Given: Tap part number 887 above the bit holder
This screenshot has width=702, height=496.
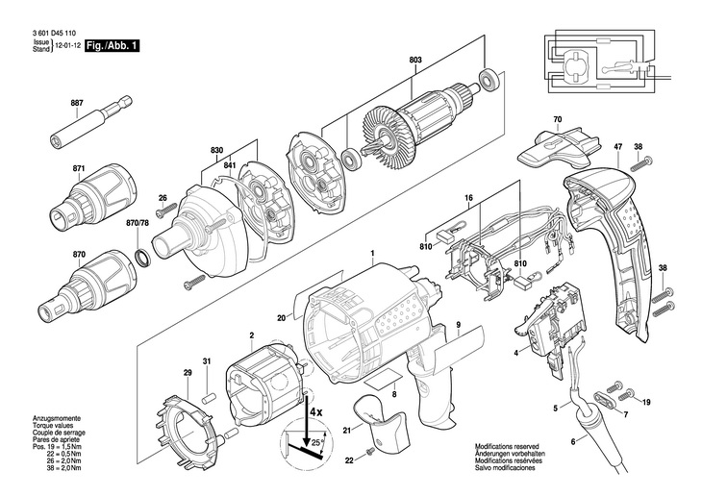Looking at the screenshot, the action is point(77,103).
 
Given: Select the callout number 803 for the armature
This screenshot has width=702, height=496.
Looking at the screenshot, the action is point(415,60).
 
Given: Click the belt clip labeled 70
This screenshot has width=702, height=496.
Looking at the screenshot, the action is point(557,147).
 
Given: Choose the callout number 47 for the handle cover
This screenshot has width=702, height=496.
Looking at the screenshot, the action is point(618,146).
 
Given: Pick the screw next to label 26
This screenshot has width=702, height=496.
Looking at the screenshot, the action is point(166,210).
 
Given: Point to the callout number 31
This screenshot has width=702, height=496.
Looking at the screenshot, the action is point(207,361).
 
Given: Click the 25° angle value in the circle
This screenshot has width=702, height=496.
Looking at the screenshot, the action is point(316,442).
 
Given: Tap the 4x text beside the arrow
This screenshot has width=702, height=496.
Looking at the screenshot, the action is point(316,412).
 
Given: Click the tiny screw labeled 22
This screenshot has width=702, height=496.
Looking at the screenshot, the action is point(370,453).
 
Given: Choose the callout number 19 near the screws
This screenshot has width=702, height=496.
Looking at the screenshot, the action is point(646,403).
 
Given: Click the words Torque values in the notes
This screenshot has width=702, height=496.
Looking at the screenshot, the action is point(52,426).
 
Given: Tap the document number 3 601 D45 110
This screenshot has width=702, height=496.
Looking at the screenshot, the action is point(54,33).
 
